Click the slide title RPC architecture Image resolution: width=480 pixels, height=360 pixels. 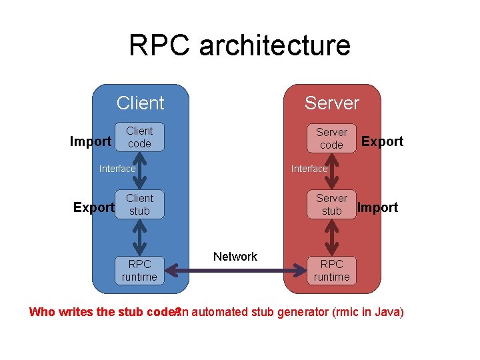(239, 45)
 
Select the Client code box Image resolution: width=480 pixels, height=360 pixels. (139, 137)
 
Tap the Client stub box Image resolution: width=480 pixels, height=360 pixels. (139, 205)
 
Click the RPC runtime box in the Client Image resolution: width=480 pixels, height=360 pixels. (139, 270)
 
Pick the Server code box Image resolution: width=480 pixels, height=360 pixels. (331, 139)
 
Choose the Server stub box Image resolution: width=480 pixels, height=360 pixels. (331, 205)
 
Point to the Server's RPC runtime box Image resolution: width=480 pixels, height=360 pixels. (331, 270)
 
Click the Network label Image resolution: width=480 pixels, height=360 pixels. (235, 257)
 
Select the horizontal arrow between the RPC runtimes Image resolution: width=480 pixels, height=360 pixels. (235, 271)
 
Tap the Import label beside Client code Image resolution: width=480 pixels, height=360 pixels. (91, 141)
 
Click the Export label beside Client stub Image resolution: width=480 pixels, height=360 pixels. (93, 207)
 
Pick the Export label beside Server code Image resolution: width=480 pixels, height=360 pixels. (382, 141)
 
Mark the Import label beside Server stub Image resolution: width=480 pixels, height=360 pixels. (377, 207)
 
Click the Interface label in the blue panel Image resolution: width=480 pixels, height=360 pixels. (117, 169)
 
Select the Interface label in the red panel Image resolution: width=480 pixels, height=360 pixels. (309, 169)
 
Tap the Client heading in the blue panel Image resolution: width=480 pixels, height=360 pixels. (140, 103)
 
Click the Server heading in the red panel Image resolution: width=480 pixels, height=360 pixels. (331, 103)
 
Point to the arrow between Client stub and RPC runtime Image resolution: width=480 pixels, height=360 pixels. (139, 237)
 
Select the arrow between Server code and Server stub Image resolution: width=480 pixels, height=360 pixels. (331, 171)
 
